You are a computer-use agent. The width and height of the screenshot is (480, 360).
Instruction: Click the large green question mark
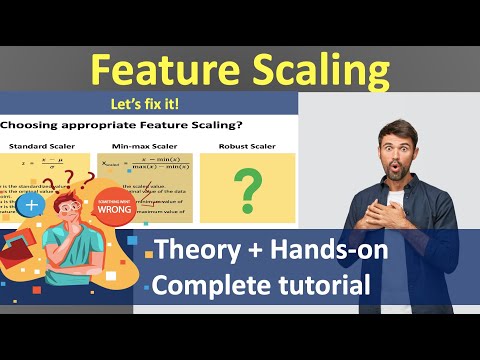tap(246, 186)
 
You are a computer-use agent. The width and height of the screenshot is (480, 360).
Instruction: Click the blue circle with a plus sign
tap(33, 204)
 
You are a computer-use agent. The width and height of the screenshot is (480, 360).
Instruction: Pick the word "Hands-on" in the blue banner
tap(331, 251)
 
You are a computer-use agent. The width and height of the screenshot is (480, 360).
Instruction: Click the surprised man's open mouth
tap(389, 170)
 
